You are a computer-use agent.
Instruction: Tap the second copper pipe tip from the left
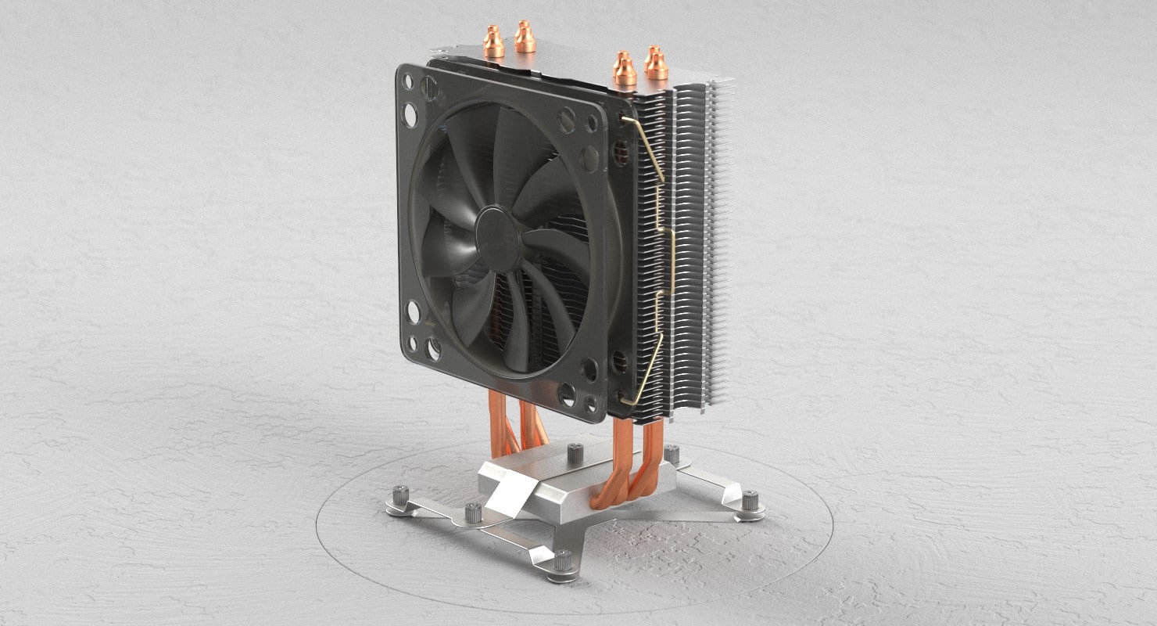coord(525,36)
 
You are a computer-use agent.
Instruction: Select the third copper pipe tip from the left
coord(624,69)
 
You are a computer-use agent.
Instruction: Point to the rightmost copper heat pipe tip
coord(656,63)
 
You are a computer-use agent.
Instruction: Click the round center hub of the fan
coord(498,239)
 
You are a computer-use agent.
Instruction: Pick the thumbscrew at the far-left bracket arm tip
coord(402,497)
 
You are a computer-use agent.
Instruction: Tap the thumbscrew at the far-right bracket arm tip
coord(750,500)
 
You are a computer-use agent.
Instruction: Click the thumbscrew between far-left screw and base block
coord(473,513)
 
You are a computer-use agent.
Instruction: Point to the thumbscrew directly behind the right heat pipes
coord(671,454)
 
